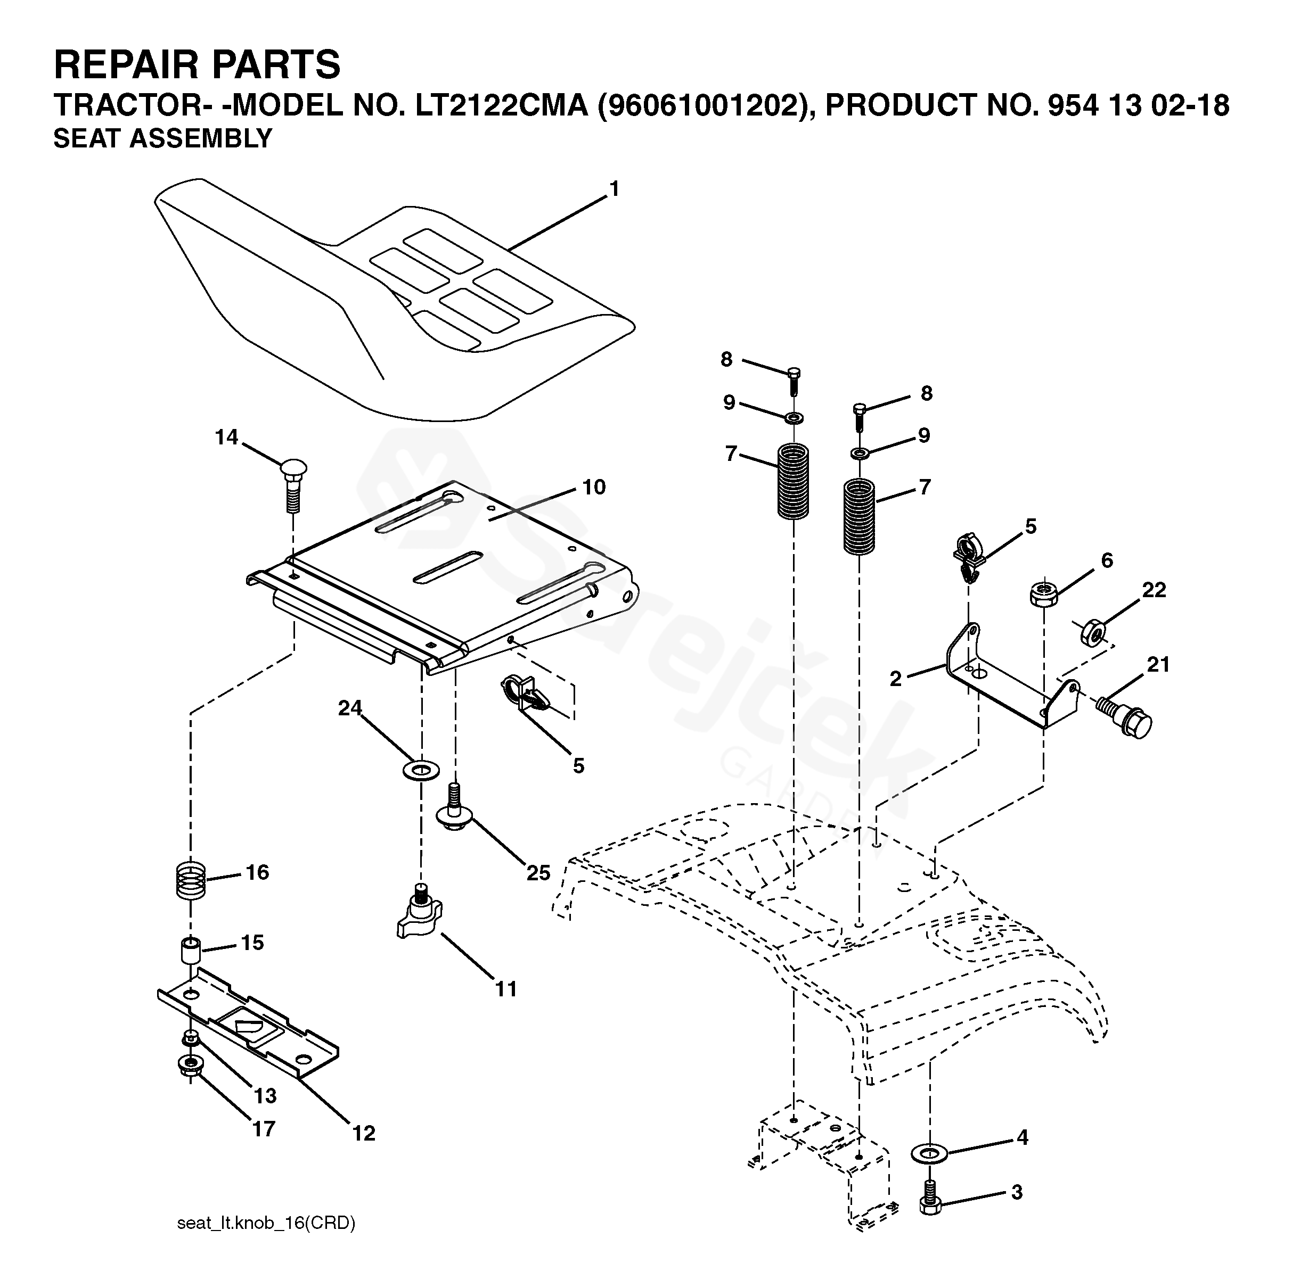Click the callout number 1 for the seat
(x=614, y=190)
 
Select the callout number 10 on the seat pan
(x=593, y=488)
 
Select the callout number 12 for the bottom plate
(x=364, y=1133)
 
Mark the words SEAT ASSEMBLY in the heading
(x=162, y=138)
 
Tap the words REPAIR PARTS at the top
(x=197, y=64)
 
